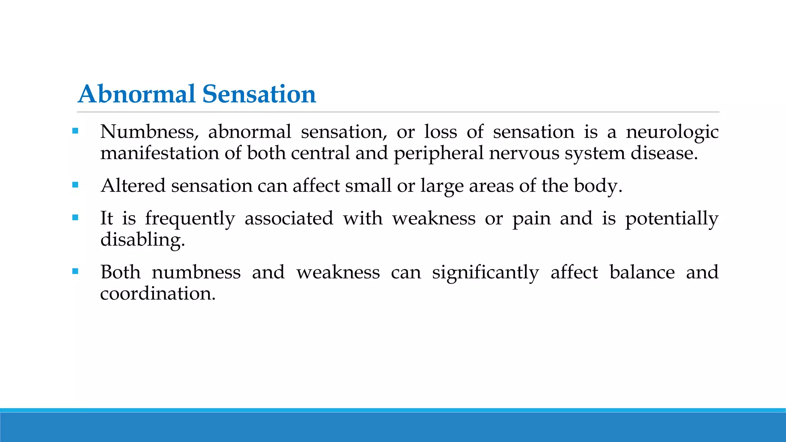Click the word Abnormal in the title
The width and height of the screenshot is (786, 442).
point(137,94)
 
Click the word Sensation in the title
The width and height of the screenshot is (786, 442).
point(259,94)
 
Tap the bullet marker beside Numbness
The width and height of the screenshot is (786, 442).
point(75,131)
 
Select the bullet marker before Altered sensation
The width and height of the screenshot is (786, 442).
point(75,185)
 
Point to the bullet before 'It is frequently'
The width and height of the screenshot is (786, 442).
point(75,218)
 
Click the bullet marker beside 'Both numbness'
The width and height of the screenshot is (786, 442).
point(75,271)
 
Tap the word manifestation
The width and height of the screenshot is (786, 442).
point(160,153)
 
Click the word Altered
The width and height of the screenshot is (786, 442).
point(133,186)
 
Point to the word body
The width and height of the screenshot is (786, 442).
point(597,186)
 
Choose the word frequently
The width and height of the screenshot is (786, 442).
point(190,219)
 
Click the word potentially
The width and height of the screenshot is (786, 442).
point(672,219)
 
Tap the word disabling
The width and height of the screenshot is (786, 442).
point(142,240)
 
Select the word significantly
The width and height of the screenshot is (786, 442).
point(485,273)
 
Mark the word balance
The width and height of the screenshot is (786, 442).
point(642,272)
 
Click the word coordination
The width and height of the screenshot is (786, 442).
point(157,294)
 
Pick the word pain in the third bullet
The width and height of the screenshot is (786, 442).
point(532,219)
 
